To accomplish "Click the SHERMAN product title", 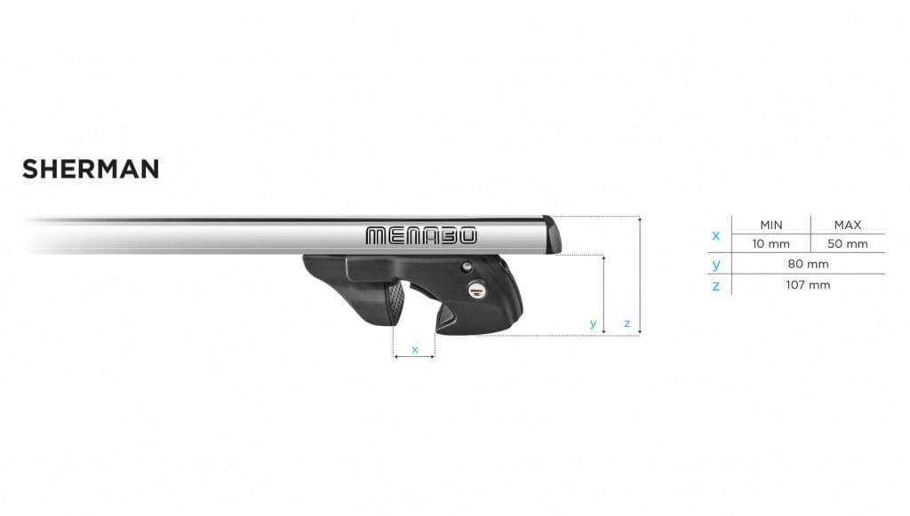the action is click(x=91, y=170).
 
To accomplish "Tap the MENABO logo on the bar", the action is click(x=421, y=235).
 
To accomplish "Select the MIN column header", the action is click(x=771, y=225).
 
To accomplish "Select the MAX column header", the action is click(x=847, y=225).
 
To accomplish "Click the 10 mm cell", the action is click(x=770, y=244).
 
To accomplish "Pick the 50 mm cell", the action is click(x=847, y=244).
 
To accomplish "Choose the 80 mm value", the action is click(x=808, y=265).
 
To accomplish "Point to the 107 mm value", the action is click(x=808, y=285).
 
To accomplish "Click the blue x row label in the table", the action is click(x=715, y=235).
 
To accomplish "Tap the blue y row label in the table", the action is click(x=716, y=265).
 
